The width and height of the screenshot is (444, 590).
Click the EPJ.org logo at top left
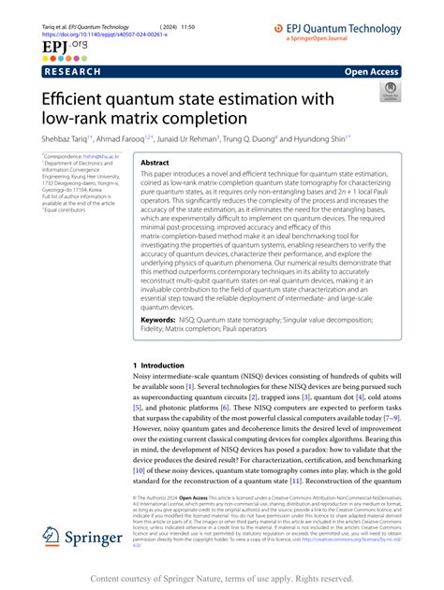58,44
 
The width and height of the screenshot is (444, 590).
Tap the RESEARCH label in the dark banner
74,70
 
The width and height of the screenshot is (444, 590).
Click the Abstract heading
155,163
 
